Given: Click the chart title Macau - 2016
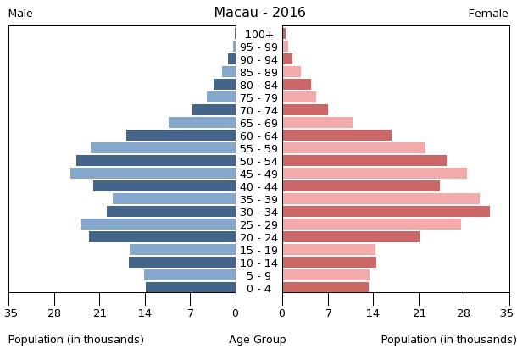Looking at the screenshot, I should point(259,13).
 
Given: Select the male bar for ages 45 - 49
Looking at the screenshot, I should point(153,173).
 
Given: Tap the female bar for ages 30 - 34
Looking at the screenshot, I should point(386,211).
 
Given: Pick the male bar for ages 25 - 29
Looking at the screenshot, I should point(158,224).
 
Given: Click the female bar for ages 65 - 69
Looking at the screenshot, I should point(317,122).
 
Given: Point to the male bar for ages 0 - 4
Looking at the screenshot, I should point(191,287).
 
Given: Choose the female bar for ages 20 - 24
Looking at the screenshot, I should point(351,236).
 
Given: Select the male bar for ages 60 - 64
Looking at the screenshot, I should point(181,135).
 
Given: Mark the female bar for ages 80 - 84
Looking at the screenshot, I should point(297,84).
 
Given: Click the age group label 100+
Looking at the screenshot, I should point(259,34).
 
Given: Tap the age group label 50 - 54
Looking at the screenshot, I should point(259,161).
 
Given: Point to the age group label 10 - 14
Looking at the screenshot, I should point(259,263).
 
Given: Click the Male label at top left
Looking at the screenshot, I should point(20,14).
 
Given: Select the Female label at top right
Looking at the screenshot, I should point(488,14).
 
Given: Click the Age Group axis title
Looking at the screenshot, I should point(258,340).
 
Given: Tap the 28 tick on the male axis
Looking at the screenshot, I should point(55,313).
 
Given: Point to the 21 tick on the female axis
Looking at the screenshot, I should point(419,313).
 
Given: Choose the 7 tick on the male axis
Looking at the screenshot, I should point(191,313).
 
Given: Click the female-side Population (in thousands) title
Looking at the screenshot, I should point(448,340).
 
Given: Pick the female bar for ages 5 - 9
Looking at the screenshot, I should point(325,274).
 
